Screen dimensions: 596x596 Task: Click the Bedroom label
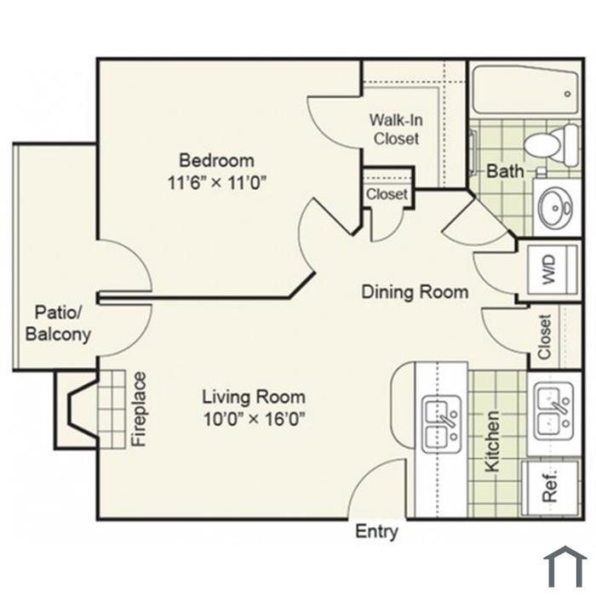(216, 160)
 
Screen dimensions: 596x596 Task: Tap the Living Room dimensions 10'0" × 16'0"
(255, 420)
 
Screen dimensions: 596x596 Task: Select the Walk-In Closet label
(396, 129)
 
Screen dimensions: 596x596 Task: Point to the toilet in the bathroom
(551, 145)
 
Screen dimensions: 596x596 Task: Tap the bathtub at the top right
(525, 89)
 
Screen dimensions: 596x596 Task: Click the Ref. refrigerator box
(550, 488)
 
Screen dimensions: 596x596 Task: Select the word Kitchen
(492, 441)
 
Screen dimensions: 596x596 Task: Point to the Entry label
(376, 532)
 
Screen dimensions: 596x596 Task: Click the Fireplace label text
(139, 409)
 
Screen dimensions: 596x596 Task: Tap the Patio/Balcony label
(58, 323)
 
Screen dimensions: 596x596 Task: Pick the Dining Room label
(415, 292)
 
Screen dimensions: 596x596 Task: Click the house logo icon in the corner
(564, 566)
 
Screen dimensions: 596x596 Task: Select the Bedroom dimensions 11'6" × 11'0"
(216, 183)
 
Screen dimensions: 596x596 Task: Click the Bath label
(505, 171)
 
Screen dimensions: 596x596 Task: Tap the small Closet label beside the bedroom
(387, 194)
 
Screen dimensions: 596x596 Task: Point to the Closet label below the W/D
(544, 337)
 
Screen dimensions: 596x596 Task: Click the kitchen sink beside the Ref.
(553, 411)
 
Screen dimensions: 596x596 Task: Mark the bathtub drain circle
(568, 94)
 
